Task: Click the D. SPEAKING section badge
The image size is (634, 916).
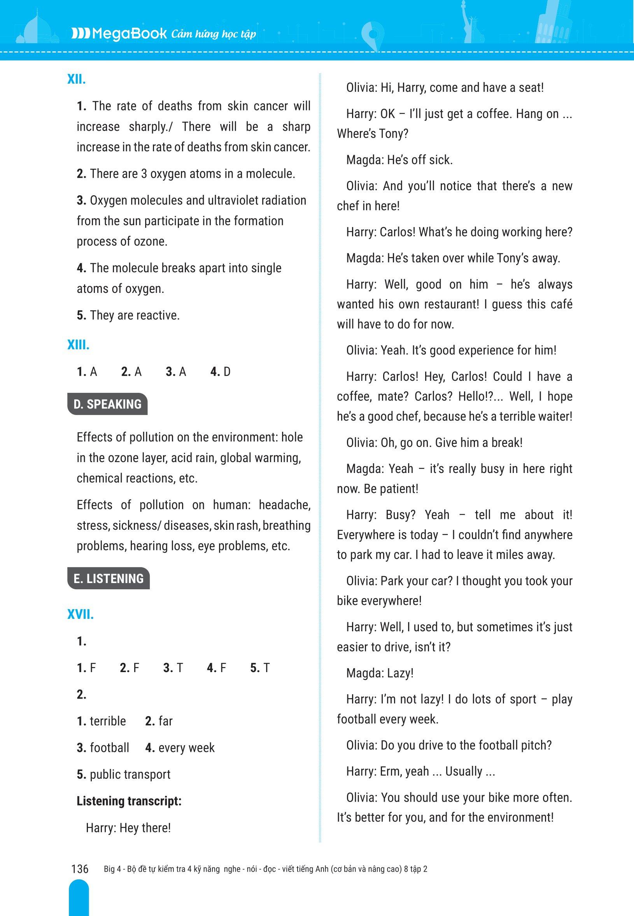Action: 107,404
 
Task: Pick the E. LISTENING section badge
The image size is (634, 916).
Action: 109,578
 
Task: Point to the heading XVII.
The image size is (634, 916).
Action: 80,615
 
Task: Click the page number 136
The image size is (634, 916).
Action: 80,869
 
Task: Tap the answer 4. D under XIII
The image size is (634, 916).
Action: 221,372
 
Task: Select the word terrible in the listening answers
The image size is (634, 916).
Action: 108,721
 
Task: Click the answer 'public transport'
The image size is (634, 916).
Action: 130,774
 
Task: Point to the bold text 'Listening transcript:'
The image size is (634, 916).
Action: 129,801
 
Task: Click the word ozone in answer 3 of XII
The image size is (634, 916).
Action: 151,242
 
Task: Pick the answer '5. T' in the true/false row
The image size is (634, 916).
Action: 260,668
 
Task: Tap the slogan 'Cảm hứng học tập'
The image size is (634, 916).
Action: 214,35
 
